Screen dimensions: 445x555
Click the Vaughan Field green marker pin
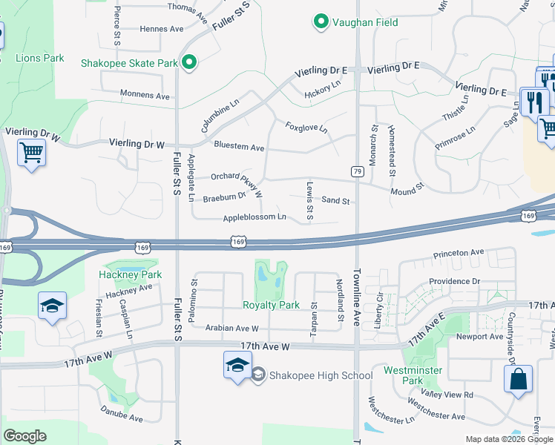pos(321,22)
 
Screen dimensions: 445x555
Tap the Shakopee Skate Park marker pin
pos(189,63)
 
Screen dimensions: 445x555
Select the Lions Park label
pos(40,58)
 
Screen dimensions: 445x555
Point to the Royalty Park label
pos(271,305)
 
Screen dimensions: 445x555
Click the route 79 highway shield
pos(357,171)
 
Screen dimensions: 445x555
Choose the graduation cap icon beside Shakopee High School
pos(237,366)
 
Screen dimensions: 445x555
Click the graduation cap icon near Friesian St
pos(52,306)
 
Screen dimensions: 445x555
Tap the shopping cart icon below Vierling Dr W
pos(31,154)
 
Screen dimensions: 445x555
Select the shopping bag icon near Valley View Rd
pos(518,378)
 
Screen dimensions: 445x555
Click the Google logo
pos(25,436)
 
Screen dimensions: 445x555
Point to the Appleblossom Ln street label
pos(254,217)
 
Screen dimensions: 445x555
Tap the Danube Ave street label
pos(121,418)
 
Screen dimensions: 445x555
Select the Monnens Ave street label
pos(145,95)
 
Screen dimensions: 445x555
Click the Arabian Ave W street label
pos(232,328)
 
